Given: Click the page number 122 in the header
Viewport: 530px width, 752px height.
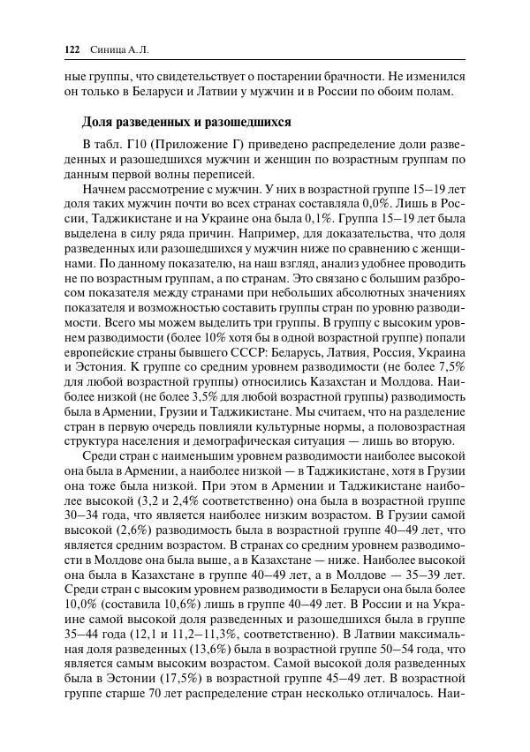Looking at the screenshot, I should [x=73, y=49].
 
